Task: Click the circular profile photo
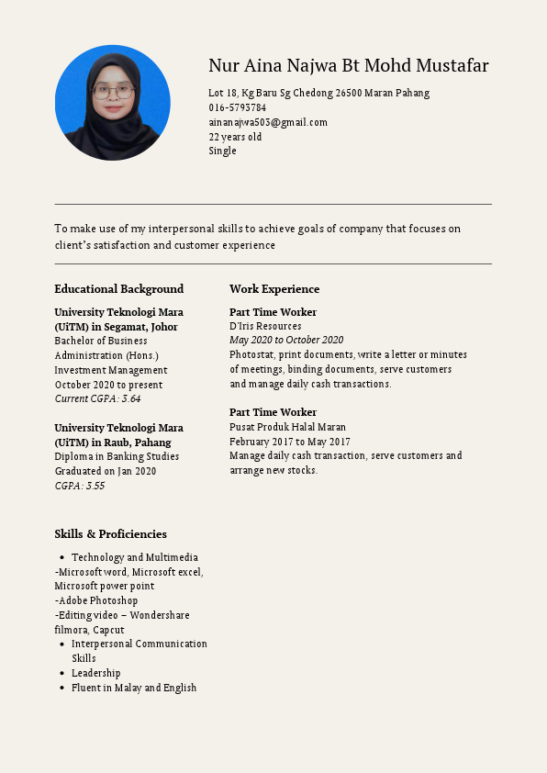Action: (x=113, y=103)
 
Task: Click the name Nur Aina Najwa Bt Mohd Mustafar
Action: (x=348, y=66)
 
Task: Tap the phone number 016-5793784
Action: (x=237, y=107)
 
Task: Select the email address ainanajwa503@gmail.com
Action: (x=267, y=122)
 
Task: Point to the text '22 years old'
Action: (x=235, y=137)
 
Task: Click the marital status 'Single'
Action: (x=222, y=151)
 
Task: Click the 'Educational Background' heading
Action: (x=118, y=289)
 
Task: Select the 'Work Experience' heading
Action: (x=274, y=289)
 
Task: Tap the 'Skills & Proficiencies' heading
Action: (x=110, y=534)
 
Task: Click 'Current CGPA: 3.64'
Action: (x=97, y=399)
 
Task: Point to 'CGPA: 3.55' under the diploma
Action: (x=80, y=486)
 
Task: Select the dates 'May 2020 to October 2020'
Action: (x=286, y=341)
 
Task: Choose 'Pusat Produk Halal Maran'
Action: (x=287, y=427)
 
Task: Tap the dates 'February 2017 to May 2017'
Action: (x=289, y=442)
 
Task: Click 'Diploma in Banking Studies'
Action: (x=117, y=456)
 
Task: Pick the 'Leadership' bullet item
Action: (x=95, y=673)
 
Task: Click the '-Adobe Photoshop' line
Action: (x=95, y=600)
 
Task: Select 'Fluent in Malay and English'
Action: (x=134, y=688)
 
